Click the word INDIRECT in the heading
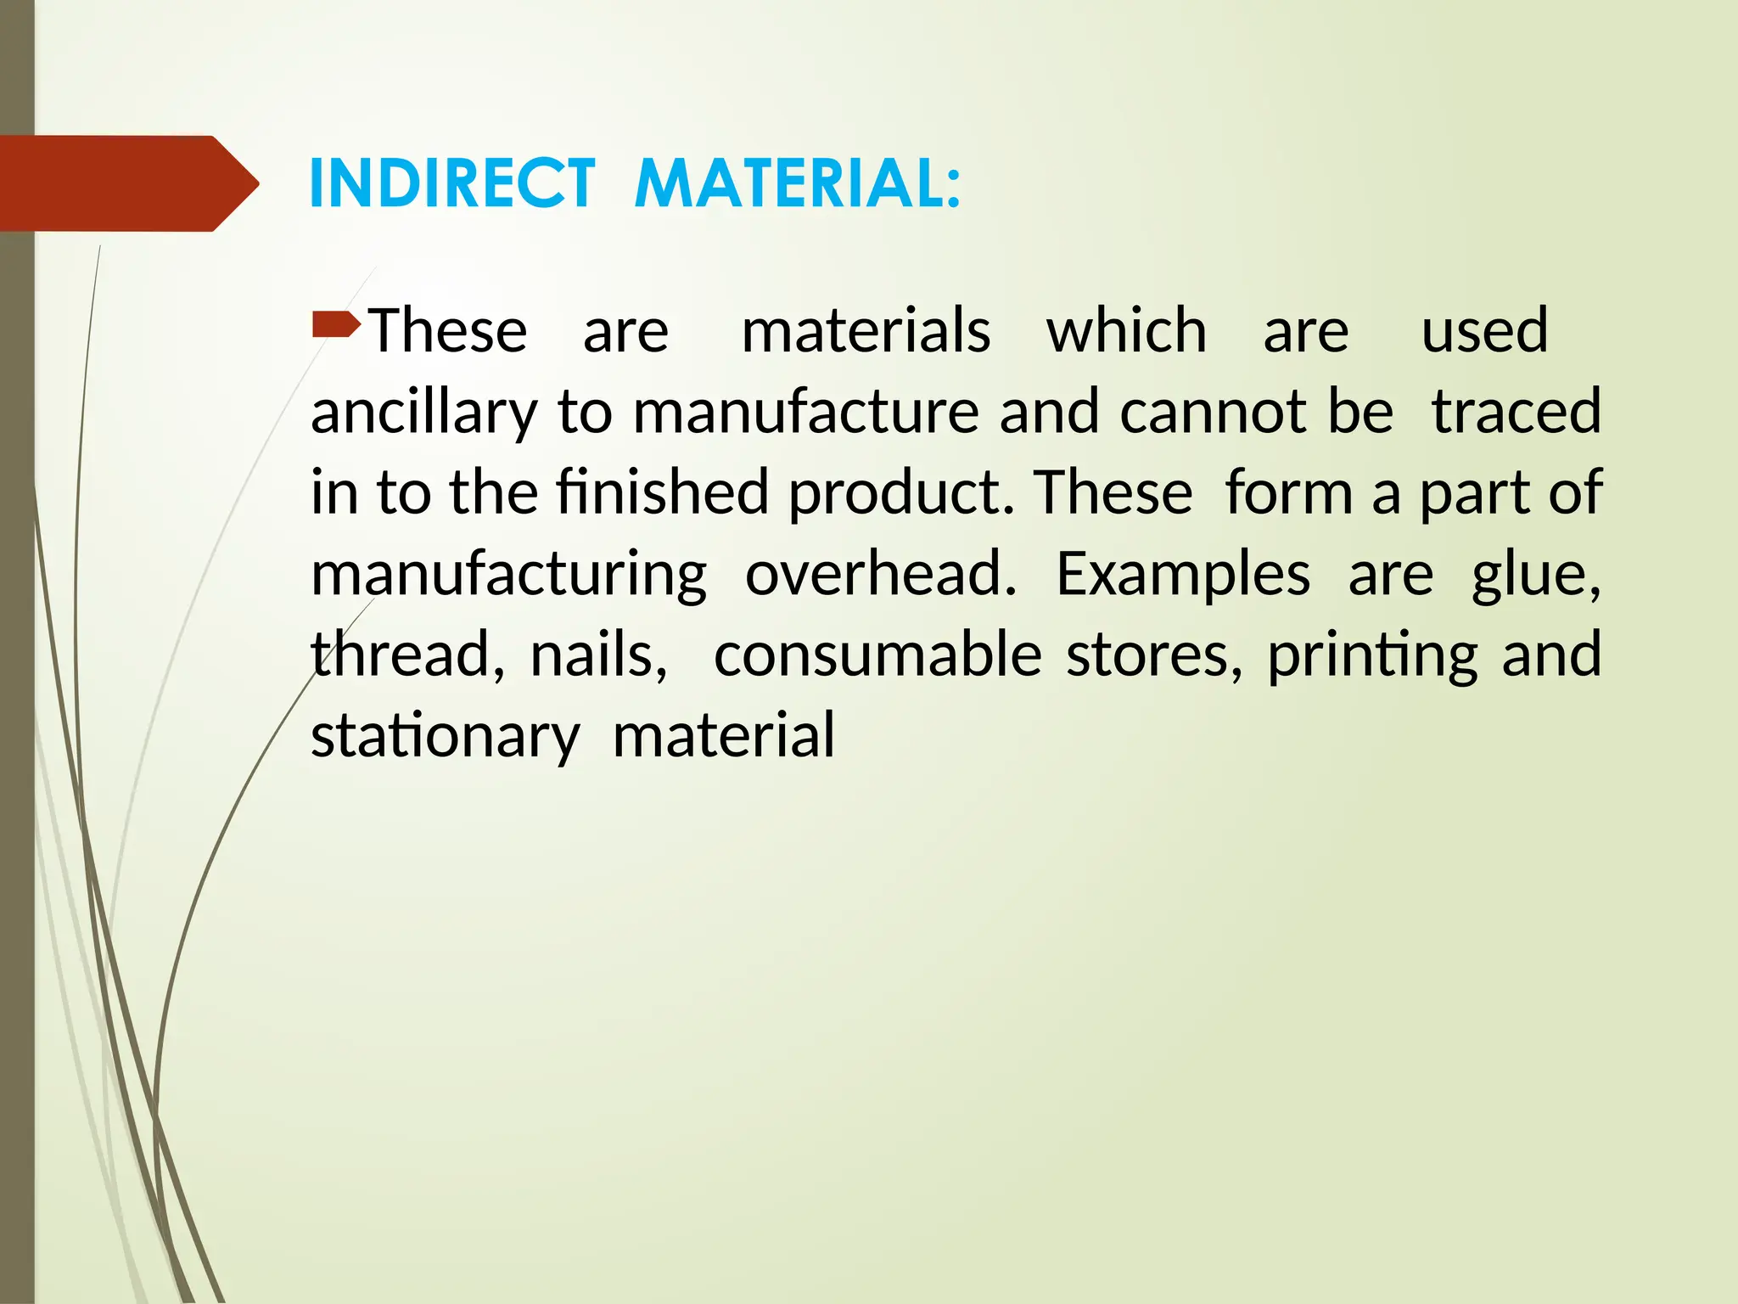[451, 183]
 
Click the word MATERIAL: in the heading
[798, 183]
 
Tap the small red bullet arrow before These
[336, 323]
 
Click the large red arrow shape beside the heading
[127, 183]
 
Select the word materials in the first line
[866, 331]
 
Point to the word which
[1126, 331]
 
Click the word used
[1484, 331]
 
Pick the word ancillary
[424, 413]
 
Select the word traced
[1517, 413]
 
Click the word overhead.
[881, 575]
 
